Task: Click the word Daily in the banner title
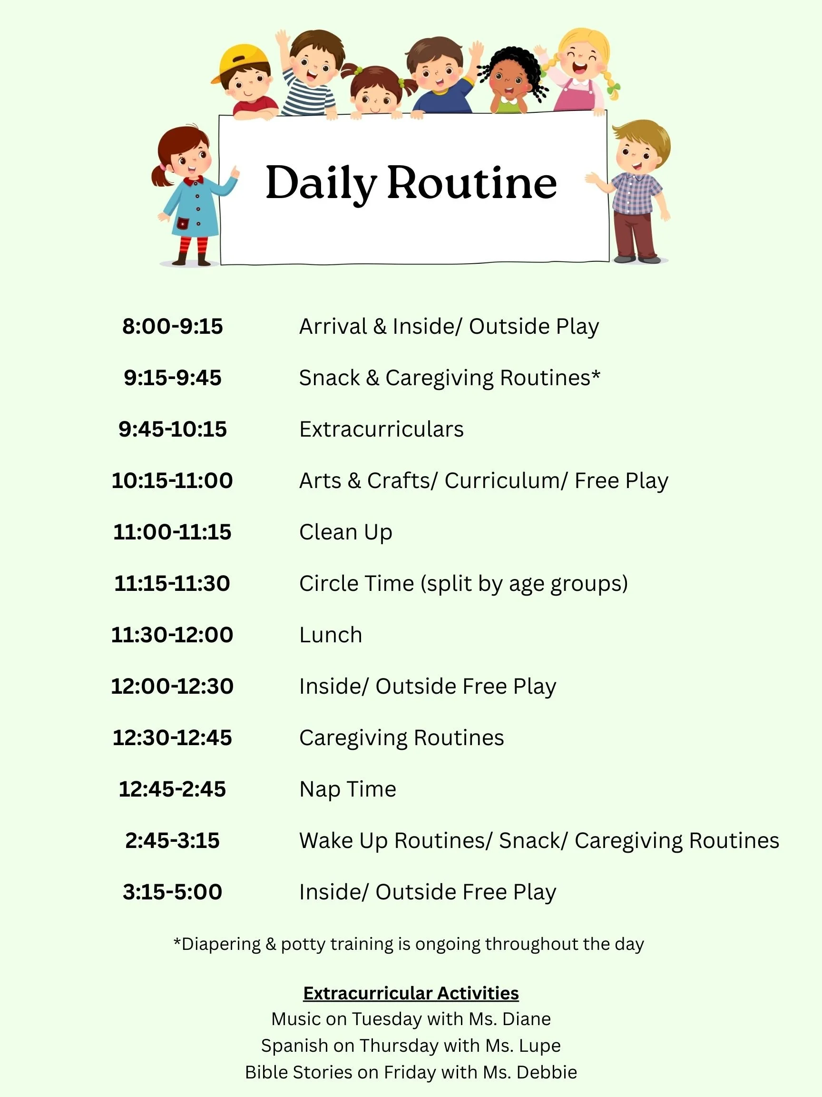321,183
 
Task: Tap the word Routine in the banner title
472,183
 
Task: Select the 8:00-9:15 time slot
172,326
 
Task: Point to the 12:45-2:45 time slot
172,789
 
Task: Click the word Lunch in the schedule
331,635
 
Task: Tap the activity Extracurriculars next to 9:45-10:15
381,429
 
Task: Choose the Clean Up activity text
345,532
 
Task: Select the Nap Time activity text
347,789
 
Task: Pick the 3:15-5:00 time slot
172,892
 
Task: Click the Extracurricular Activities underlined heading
411,993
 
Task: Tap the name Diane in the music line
526,1019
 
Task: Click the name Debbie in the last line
547,1072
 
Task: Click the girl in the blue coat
194,199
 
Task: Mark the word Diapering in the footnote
221,944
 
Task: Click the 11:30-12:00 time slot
172,635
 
